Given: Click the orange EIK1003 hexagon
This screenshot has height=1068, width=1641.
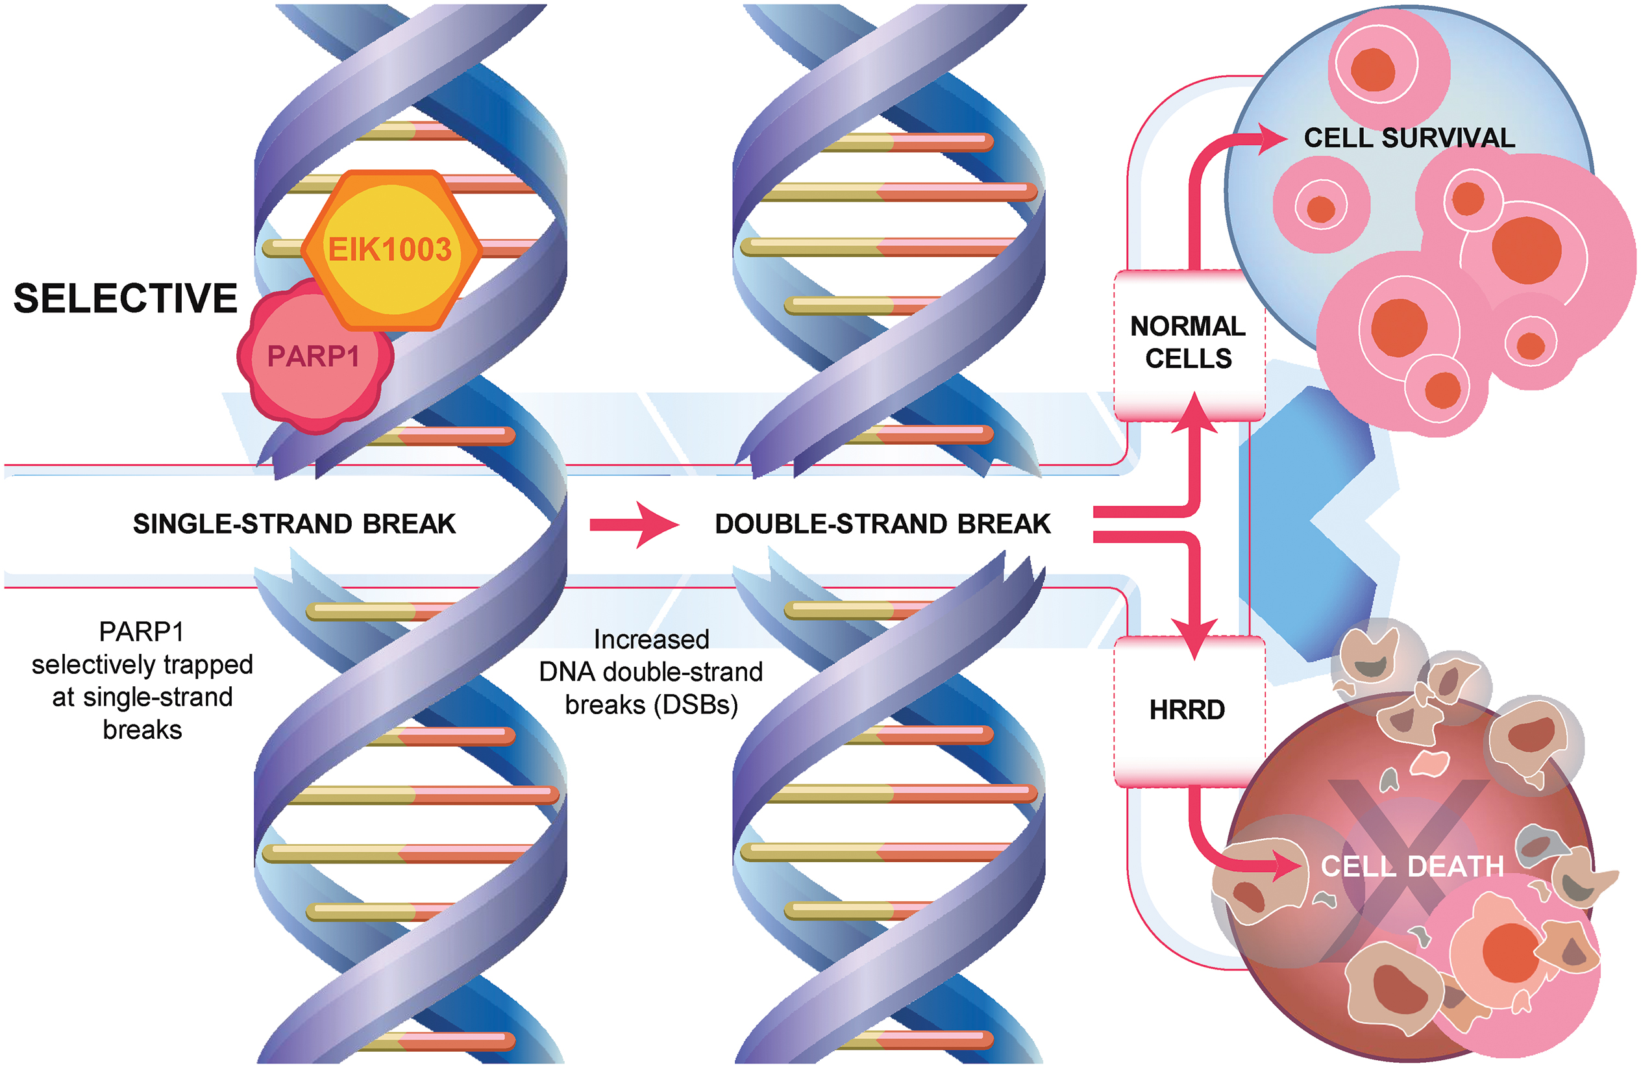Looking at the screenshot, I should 390,249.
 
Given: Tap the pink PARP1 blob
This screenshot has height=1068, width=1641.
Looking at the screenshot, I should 314,357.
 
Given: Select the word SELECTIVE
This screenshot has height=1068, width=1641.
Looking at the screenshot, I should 125,299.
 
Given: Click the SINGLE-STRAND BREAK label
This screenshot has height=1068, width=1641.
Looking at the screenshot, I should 295,524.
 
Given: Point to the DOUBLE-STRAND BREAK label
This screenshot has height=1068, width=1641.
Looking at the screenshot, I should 883,524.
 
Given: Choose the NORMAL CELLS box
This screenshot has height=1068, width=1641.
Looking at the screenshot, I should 1189,343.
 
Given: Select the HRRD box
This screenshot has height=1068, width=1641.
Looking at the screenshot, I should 1187,710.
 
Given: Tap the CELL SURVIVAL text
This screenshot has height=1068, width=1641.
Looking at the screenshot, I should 1409,138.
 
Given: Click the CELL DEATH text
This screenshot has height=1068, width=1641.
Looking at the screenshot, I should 1412,867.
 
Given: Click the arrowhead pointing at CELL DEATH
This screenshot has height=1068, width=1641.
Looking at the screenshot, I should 1288,866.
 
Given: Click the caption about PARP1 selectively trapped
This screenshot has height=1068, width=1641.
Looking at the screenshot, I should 142,680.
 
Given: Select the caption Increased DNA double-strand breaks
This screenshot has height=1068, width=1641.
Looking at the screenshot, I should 651,672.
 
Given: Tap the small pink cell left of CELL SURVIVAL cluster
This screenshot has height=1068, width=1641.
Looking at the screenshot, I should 1320,205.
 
